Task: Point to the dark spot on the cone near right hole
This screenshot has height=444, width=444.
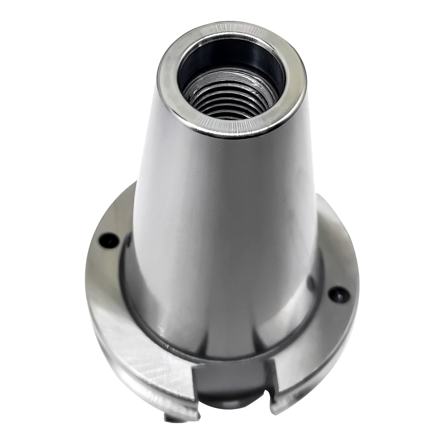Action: tap(311, 282)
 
